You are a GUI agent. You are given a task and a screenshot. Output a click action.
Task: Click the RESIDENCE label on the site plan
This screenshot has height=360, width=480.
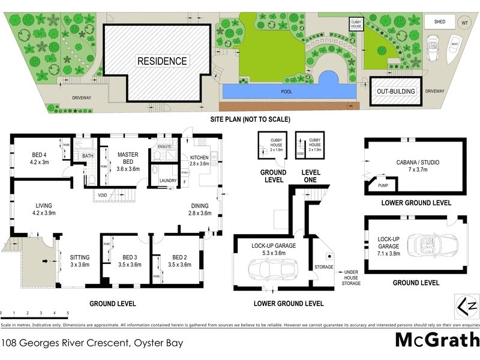pos(162,61)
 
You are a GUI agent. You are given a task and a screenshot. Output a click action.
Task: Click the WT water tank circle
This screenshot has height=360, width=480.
pos(464,22)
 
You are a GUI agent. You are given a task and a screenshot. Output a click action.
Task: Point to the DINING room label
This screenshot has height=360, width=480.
pos(200,209)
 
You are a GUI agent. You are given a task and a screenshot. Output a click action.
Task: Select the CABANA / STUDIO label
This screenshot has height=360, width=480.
pos(415,165)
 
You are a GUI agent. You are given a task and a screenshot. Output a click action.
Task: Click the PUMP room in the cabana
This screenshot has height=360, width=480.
pos(383,185)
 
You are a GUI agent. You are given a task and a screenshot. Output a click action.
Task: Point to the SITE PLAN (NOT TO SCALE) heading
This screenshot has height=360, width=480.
pos(250,119)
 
